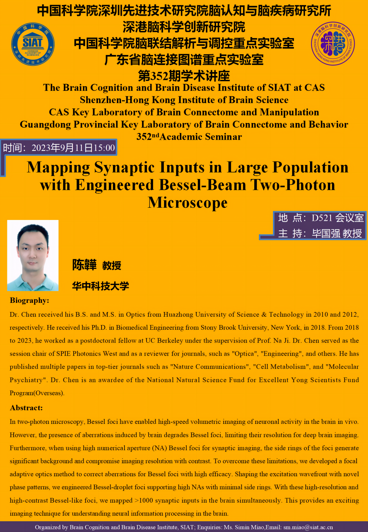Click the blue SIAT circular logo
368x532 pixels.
33,44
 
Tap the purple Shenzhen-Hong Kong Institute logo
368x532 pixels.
333,43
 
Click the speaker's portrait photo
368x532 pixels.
33,255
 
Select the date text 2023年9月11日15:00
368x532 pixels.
73,148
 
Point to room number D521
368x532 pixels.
322,218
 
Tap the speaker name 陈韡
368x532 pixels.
84,265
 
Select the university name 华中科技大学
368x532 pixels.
101,286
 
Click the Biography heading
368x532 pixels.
29,301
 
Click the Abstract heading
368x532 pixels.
26,408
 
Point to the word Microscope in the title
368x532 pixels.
187,202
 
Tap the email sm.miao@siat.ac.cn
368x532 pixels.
308,527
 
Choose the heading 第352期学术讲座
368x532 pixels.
184,76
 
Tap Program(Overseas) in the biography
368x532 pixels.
37,393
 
